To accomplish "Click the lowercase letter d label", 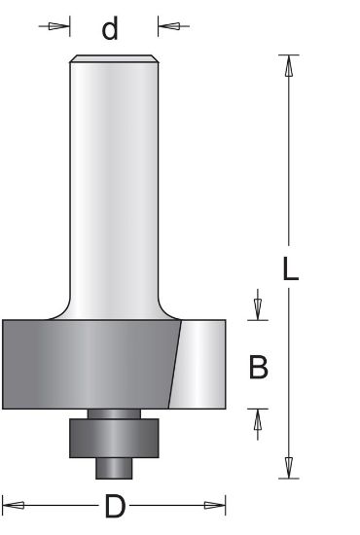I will (110, 29).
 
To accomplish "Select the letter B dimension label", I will (259, 367).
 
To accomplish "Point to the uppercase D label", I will (114, 506).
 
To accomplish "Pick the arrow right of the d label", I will (173, 26).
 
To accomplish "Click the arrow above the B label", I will (258, 306).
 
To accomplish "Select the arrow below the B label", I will (258, 419).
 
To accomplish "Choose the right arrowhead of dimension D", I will (216, 505).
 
